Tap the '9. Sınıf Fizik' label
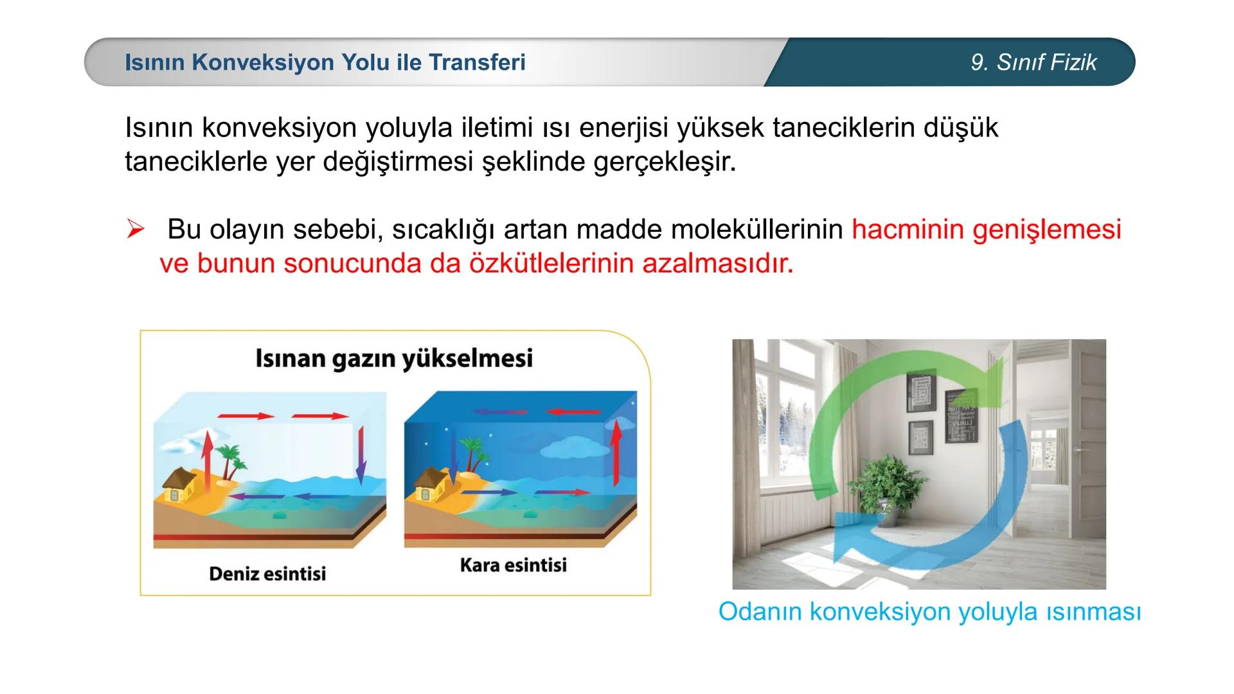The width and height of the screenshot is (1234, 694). coord(1033,62)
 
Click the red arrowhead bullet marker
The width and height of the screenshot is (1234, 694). coord(135,229)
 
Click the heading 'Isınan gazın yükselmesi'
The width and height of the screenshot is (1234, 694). coord(394,358)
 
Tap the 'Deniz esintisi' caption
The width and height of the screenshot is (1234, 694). coord(267,573)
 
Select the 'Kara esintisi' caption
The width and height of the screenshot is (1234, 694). coord(513,565)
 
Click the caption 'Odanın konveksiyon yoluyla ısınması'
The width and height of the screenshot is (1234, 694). coord(929,611)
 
